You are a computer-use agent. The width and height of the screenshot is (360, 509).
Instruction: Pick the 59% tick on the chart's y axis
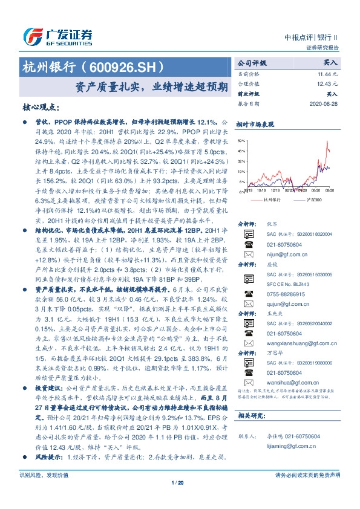(242, 140)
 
